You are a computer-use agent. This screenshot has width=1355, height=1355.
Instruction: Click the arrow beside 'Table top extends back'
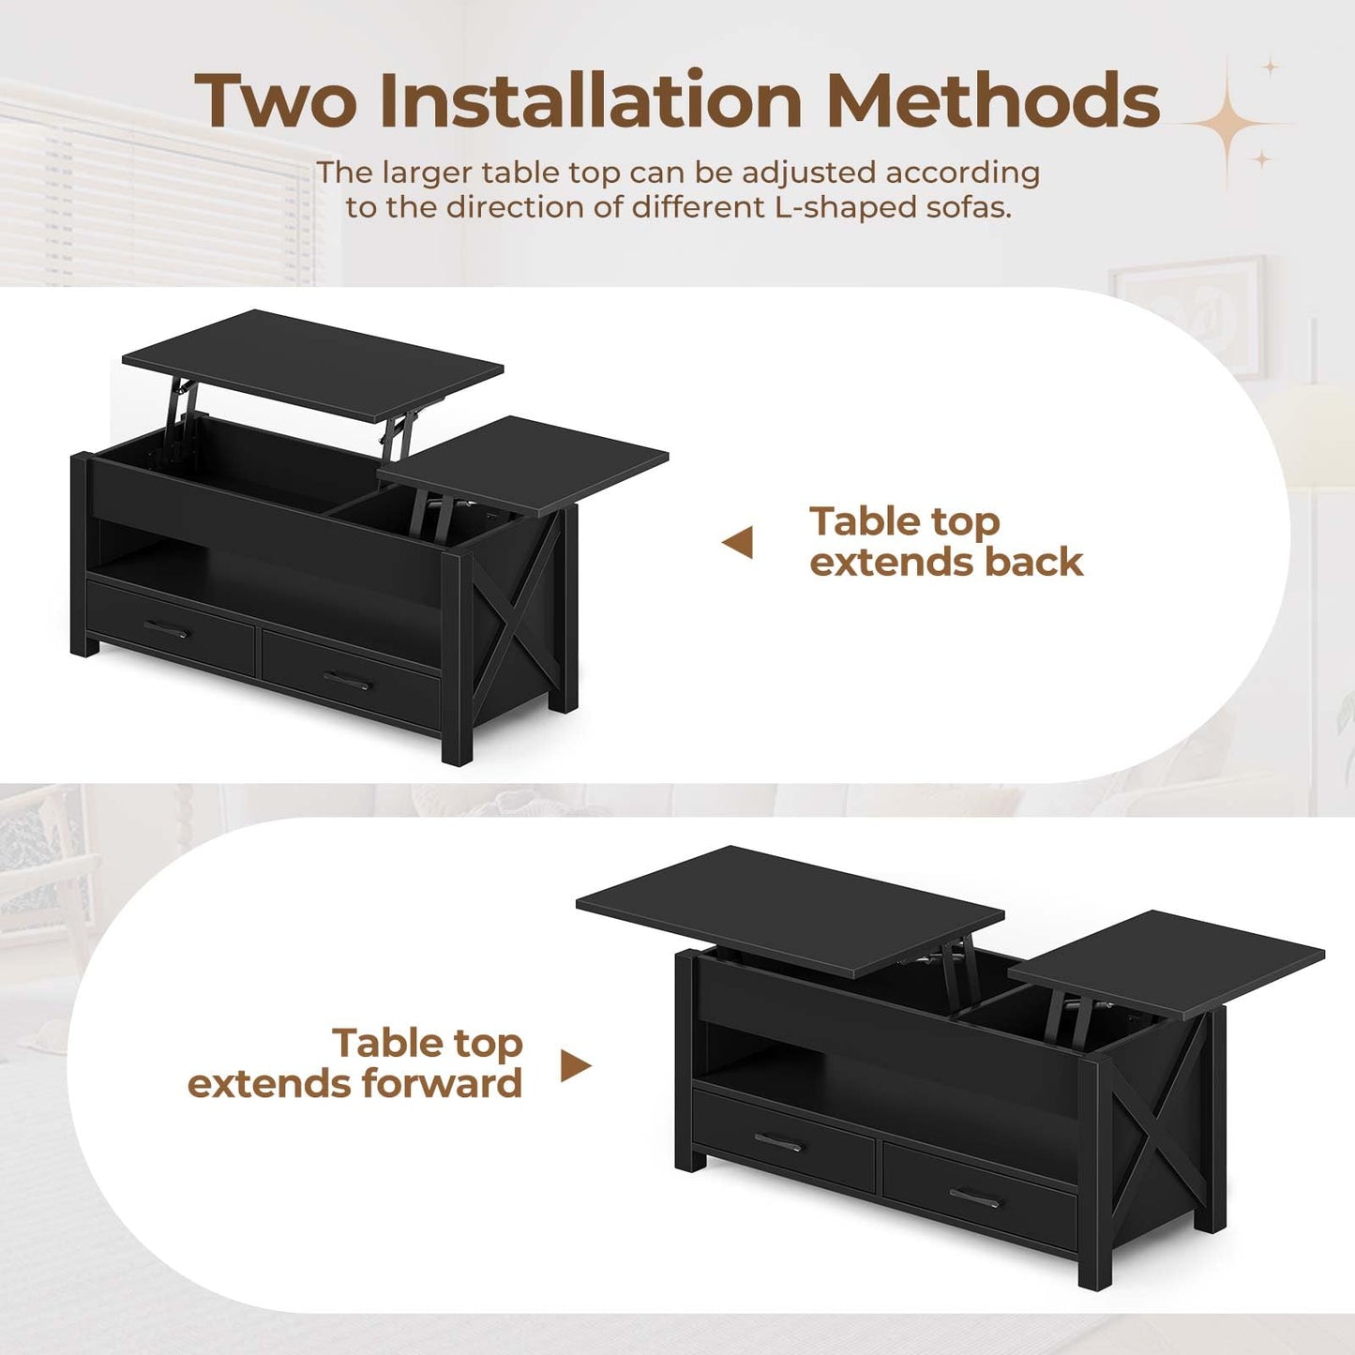coord(738,542)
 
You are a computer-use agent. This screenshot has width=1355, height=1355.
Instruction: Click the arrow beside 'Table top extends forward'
coord(576,1065)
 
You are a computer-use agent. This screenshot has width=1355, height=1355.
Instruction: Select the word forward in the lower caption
coord(442,1084)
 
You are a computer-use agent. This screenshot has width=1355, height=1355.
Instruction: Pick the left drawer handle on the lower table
coord(778,1142)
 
